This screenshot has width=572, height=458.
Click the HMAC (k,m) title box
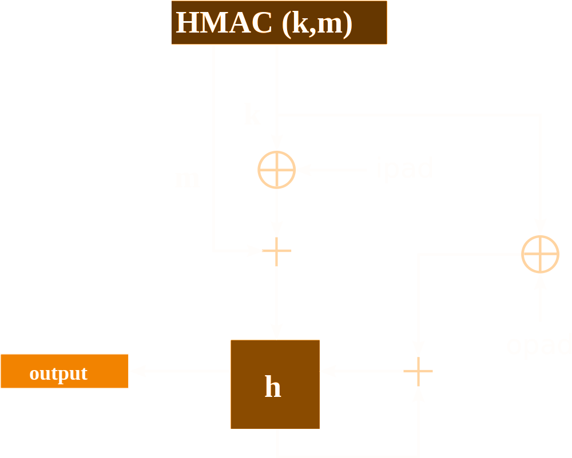[279, 22]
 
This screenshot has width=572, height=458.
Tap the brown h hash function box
[275, 384]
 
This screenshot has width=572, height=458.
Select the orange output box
[64, 371]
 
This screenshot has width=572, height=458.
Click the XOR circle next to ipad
[276, 170]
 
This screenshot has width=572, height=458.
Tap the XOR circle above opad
[540, 254]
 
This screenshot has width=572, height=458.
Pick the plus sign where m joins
[277, 251]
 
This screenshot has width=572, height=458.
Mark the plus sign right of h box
[419, 371]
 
